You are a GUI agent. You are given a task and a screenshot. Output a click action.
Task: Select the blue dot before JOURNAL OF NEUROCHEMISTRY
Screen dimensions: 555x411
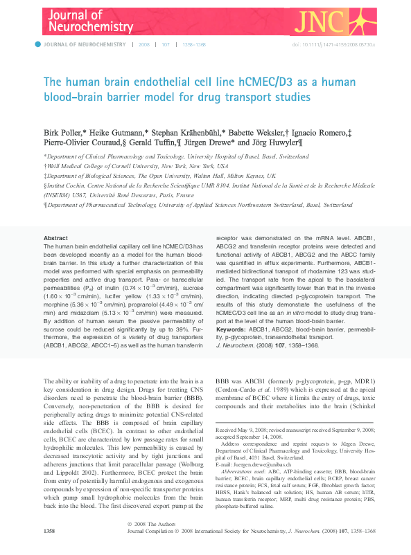pos(37,44)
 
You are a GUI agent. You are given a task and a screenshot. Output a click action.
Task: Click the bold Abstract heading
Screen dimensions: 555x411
pos(55,237)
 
